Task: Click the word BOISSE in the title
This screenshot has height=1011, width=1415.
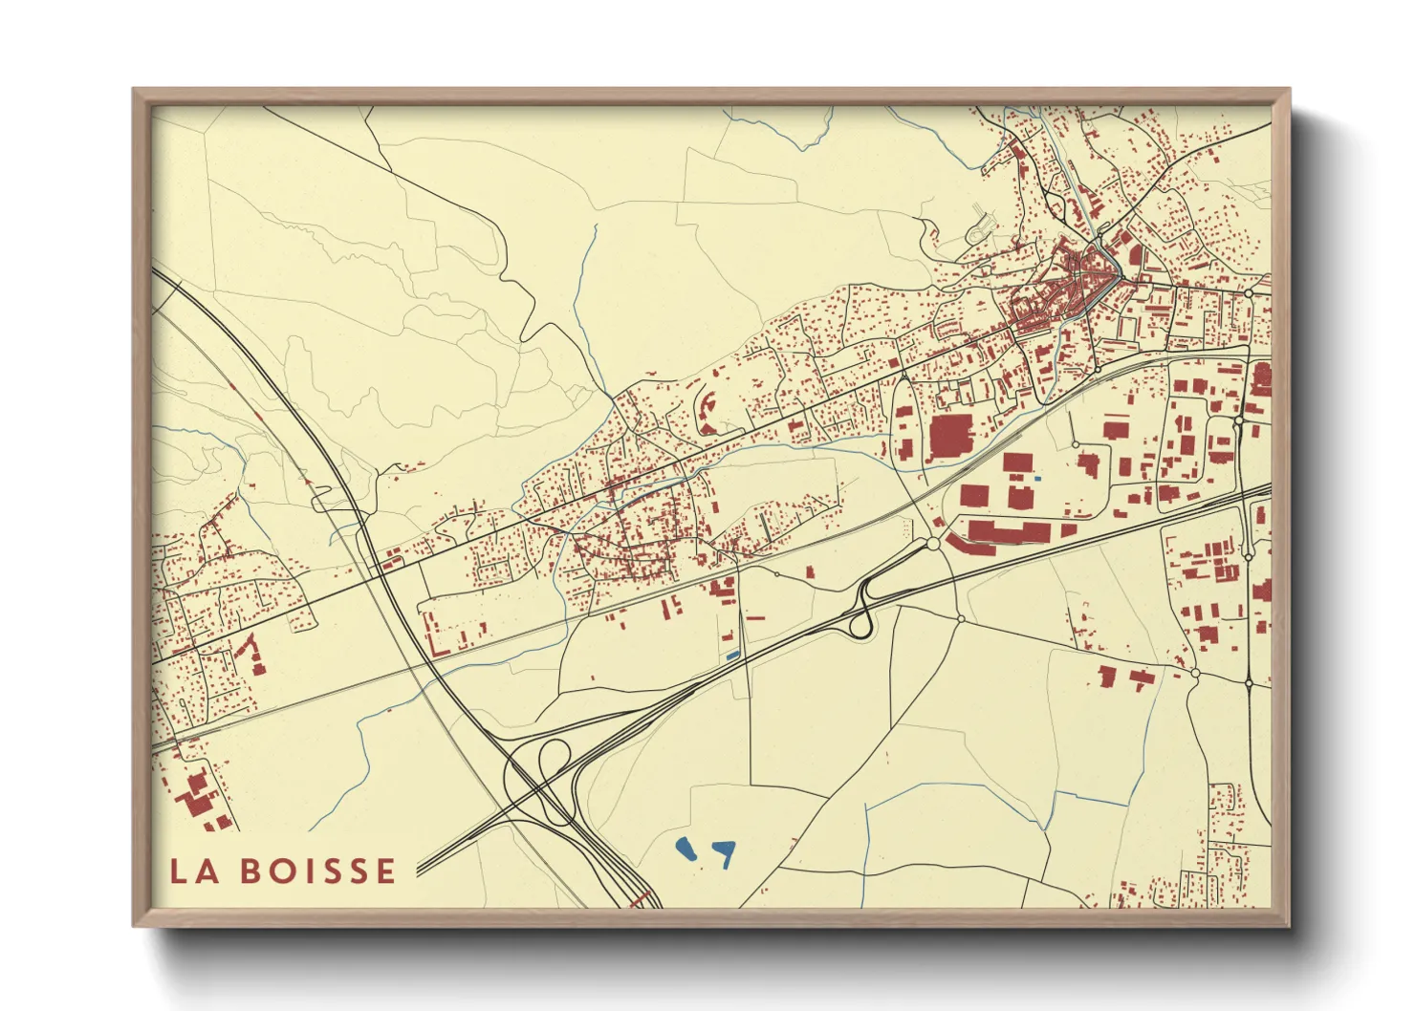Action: [317, 871]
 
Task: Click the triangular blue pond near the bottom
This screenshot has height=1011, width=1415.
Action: [726, 850]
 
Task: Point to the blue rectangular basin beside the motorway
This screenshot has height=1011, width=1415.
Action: [733, 655]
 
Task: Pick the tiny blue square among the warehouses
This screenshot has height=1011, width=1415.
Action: [1038, 477]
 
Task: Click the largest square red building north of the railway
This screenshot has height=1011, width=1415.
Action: [949, 437]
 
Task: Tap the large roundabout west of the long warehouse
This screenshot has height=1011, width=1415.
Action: [933, 544]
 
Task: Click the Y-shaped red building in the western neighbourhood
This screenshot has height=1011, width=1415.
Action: [250, 653]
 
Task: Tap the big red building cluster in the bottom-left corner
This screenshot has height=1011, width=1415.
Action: [197, 799]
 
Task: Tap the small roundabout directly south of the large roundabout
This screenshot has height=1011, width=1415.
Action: [961, 618]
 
